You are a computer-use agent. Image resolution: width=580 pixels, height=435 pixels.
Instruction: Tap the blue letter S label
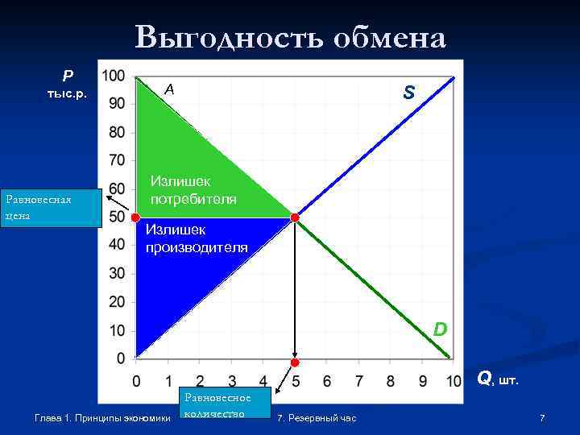click(409, 93)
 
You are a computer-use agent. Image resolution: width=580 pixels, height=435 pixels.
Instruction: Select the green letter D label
click(440, 329)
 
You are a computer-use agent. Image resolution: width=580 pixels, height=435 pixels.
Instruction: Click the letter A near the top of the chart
click(168, 90)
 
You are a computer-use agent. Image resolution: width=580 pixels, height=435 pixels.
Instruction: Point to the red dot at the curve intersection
click(295, 217)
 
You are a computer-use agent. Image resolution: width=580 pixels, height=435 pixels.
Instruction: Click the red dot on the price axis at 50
click(135, 217)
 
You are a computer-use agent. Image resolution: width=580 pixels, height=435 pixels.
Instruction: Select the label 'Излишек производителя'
click(197, 238)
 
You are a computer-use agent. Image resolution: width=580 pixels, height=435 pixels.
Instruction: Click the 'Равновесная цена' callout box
click(51, 209)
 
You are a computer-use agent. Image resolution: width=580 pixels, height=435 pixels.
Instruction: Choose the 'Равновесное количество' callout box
click(217, 405)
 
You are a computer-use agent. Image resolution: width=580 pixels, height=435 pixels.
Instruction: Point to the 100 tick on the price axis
click(114, 76)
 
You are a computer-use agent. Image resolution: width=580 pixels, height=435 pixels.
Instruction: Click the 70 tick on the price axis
click(117, 160)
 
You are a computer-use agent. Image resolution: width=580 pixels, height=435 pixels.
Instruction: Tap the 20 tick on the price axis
click(117, 301)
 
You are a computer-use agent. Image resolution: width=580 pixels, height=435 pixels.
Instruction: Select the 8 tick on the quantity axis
click(391, 379)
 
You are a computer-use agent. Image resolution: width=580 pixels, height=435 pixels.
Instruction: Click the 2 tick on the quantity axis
click(200, 379)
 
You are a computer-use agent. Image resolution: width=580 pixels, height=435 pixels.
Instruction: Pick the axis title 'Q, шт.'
click(498, 377)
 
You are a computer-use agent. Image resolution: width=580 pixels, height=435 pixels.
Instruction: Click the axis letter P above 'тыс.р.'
click(68, 77)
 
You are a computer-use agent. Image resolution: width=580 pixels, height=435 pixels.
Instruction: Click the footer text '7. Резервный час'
click(316, 418)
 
